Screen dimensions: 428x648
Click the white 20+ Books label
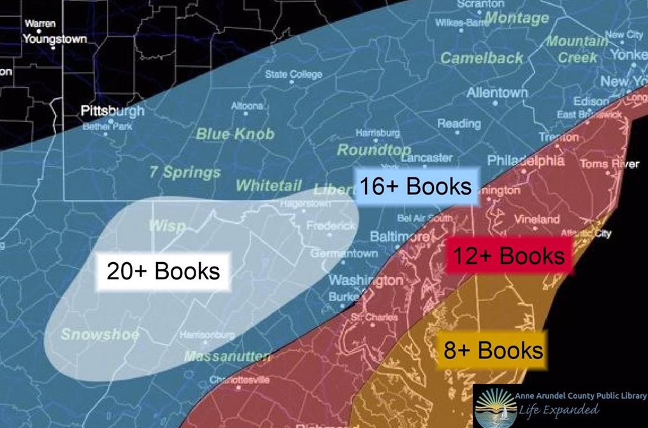pyautogui.click(x=163, y=271)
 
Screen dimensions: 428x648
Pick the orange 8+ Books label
pyautogui.click(x=493, y=350)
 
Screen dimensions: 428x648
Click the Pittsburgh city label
pyautogui.click(x=113, y=111)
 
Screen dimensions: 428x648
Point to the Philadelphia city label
pyautogui.click(x=526, y=160)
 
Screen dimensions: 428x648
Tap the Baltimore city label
pyautogui.click(x=400, y=237)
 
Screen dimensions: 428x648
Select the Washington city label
pyautogui.click(x=366, y=281)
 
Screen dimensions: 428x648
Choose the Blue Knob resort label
pyautogui.click(x=235, y=134)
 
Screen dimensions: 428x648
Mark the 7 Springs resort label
pyautogui.click(x=185, y=172)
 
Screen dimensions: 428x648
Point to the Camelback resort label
pyautogui.click(x=482, y=57)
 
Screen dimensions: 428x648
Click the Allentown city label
pyautogui.click(x=497, y=93)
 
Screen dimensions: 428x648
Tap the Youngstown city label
pyautogui.click(x=55, y=39)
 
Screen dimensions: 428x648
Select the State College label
pyautogui.click(x=294, y=75)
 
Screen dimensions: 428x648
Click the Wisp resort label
pyautogui.click(x=167, y=226)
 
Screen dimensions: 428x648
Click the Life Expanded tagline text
pyautogui.click(x=558, y=410)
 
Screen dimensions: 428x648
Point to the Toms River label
pyautogui.click(x=608, y=165)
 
